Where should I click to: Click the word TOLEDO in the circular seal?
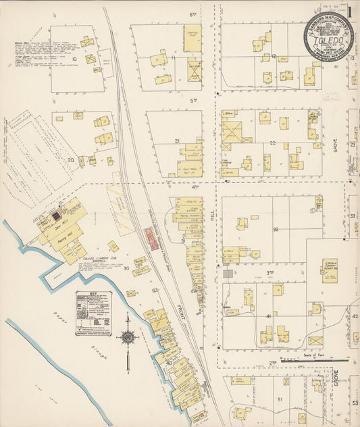[328, 41]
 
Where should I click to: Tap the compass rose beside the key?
[127, 338]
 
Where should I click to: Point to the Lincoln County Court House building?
[329, 270]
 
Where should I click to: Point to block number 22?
[273, 143]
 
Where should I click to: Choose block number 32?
[276, 230]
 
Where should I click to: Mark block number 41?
[269, 316]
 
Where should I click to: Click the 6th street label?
[192, 14]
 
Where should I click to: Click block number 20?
[71, 160]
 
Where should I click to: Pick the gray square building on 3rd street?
[228, 274]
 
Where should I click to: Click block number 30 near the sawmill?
[126, 268]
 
